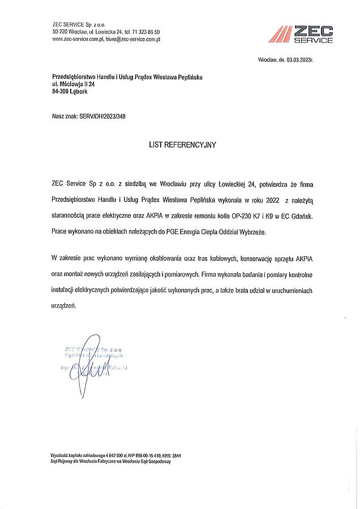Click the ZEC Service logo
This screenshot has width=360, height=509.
301,34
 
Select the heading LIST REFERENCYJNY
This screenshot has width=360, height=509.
182,145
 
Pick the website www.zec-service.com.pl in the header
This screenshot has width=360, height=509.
76,39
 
